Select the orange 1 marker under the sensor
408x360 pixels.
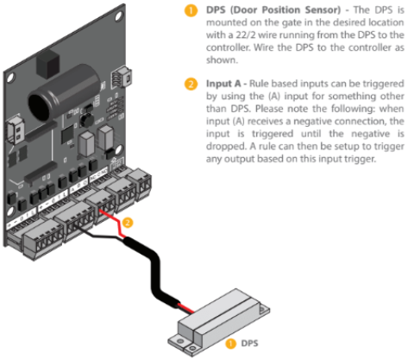[230, 343]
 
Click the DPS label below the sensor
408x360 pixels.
[250, 343]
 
